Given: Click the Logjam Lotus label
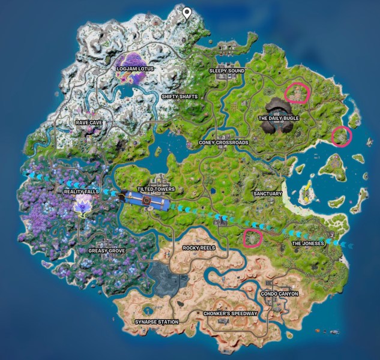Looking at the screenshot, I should tap(134, 69).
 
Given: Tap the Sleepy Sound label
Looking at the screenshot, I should tap(226, 71).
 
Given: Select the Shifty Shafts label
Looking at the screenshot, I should tap(179, 97).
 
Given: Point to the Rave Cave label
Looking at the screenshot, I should tap(89, 122).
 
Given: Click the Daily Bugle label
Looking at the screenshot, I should tap(279, 119).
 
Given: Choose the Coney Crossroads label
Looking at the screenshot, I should tap(223, 143).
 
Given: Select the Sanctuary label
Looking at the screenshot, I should tap(267, 194).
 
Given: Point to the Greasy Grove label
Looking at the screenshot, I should tap(106, 251).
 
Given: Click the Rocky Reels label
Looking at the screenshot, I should tap(199, 247).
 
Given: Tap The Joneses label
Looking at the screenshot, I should tap(307, 244).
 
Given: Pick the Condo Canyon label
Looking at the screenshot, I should tap(279, 294).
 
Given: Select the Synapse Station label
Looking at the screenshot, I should tap(156, 322).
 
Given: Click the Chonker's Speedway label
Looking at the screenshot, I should tap(231, 314).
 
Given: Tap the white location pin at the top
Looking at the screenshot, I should tap(187, 13).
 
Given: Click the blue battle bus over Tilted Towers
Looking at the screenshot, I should tap(144, 199).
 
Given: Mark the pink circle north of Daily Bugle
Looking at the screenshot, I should tap(297, 94).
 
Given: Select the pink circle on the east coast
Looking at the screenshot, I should tap(342, 136).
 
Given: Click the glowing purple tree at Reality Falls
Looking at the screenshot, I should tap(82, 206).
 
